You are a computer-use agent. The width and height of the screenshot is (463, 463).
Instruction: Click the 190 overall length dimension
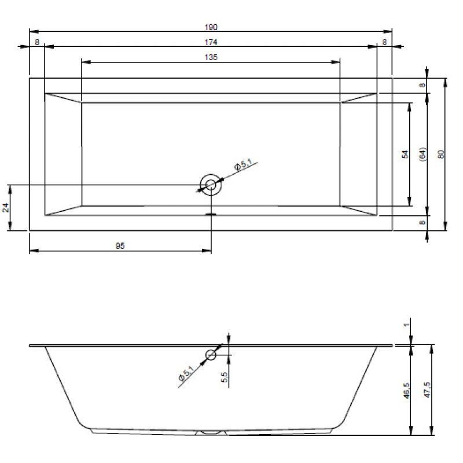211,27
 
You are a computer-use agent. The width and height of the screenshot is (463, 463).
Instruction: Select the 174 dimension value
211,42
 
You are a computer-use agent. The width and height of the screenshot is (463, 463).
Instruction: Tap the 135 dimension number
211,57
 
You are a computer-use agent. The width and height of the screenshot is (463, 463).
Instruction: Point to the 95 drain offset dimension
120,245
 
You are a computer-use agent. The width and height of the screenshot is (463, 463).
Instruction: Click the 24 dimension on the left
6,208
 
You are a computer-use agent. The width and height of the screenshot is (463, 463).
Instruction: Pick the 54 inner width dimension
406,154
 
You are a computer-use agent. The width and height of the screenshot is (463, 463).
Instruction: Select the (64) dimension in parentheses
423,154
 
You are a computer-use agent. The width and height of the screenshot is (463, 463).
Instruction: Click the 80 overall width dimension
440,154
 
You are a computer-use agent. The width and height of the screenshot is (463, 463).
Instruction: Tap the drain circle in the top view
211,185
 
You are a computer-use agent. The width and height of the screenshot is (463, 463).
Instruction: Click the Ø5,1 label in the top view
243,164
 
